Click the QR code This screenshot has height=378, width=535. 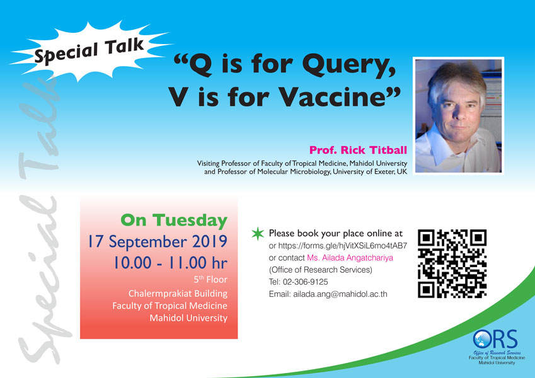(452, 263)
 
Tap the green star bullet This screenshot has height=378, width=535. (258, 233)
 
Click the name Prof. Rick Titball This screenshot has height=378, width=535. (359, 150)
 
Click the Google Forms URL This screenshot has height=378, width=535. (343, 246)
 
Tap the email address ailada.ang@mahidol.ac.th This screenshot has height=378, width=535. (340, 294)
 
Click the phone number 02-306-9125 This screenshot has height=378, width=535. (306, 282)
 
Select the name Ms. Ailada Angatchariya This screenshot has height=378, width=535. (350, 258)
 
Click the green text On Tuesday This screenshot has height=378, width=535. (174, 220)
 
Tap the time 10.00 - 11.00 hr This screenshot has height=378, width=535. (170, 263)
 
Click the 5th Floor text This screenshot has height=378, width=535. (210, 280)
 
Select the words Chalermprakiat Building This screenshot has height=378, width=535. (178, 294)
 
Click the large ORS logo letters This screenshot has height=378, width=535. (495, 339)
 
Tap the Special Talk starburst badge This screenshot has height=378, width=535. (89, 51)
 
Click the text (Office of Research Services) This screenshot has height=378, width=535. (320, 270)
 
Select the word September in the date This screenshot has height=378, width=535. (147, 242)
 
